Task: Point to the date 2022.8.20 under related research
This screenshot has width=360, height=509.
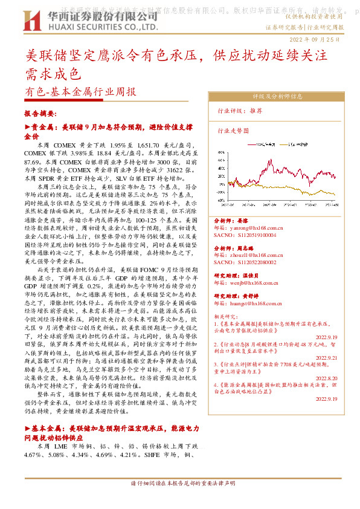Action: coord(326,378)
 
